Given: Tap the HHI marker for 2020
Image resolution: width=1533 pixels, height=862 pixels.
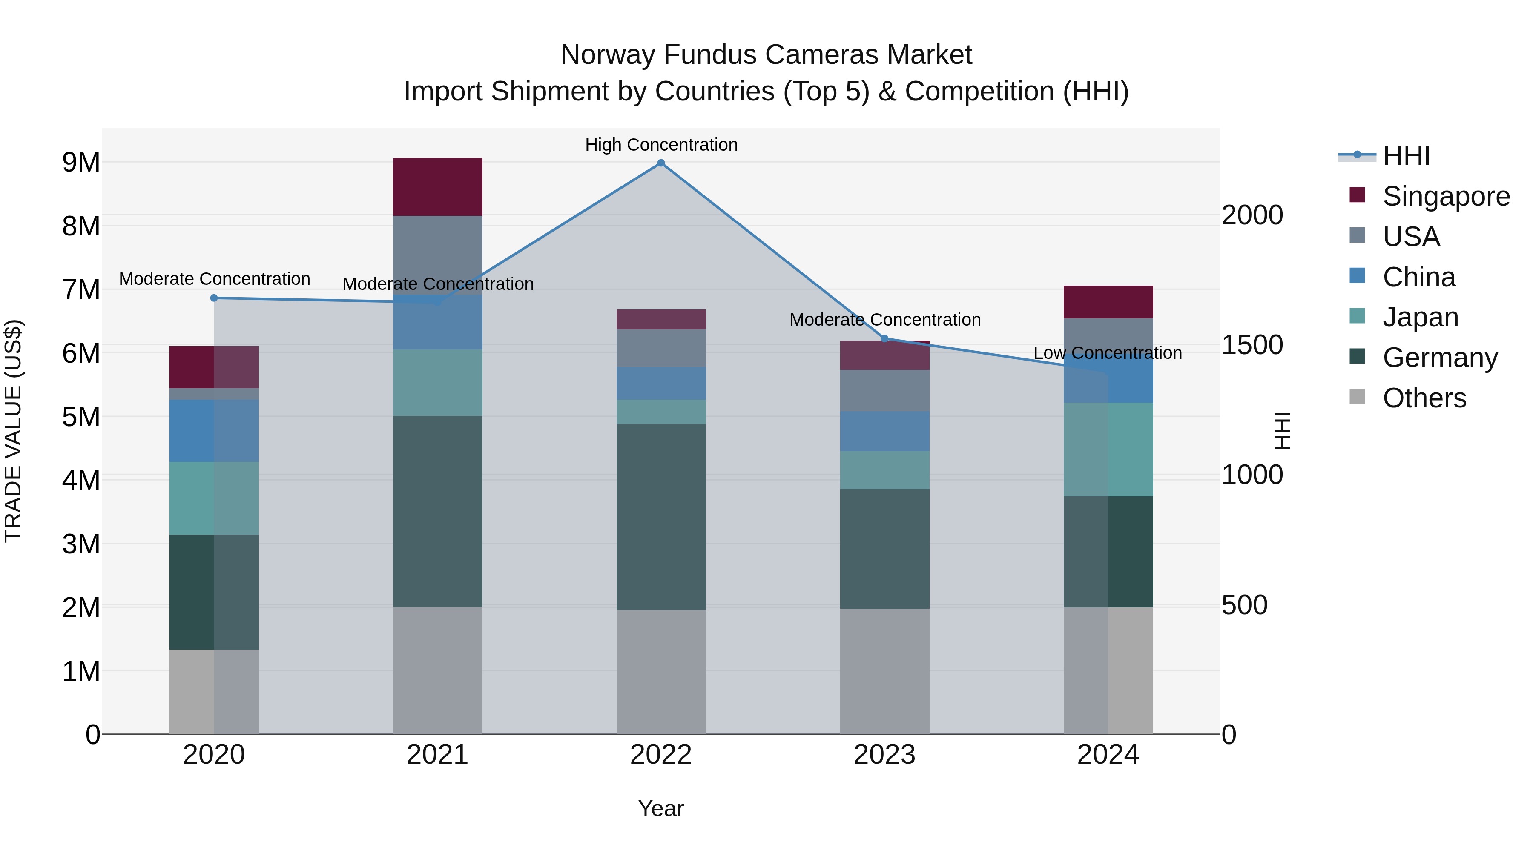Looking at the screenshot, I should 214,298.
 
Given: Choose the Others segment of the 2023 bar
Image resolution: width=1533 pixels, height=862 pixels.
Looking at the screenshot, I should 884,671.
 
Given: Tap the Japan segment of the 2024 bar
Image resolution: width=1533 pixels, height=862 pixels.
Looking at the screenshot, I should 1108,449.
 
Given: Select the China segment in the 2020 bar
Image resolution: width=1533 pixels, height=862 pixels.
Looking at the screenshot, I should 214,431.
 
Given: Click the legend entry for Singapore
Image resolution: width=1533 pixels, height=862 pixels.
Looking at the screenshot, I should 1446,196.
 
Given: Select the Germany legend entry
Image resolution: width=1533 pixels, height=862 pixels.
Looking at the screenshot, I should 1440,358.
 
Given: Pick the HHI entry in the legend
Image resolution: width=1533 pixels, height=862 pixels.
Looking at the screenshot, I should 1406,156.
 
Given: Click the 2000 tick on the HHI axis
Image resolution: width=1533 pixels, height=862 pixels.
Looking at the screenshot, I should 1252,215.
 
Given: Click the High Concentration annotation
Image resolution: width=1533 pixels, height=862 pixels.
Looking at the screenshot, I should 661,145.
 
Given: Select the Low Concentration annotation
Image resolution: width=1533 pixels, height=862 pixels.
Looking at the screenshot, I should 1108,353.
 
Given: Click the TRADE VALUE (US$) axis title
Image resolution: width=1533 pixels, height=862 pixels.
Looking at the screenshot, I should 13,431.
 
